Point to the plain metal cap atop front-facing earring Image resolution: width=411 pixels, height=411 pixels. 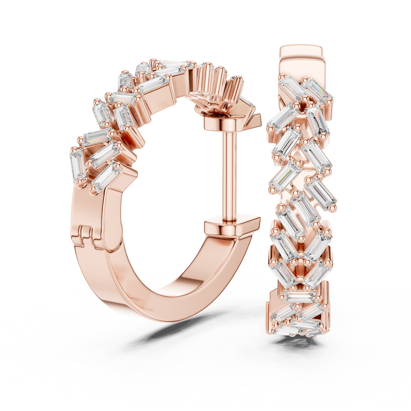coord(301,60)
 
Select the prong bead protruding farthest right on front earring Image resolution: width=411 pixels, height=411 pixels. coord(334,208)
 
